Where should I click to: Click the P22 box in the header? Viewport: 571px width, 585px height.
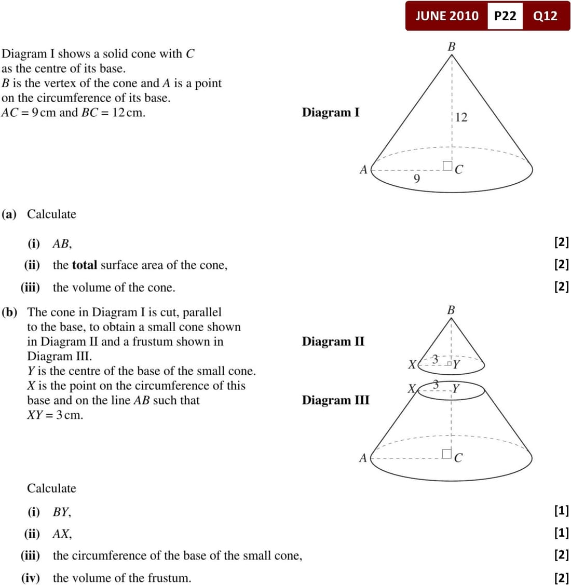tap(505, 16)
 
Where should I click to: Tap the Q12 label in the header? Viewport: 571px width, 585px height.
tap(545, 16)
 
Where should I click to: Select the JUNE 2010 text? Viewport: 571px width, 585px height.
tap(447, 16)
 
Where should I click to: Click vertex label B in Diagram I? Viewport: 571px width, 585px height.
tap(452, 47)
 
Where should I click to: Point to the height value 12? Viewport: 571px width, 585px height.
tap(461, 117)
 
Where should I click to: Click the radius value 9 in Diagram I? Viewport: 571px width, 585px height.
tap(416, 179)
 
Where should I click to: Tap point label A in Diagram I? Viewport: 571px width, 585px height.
tap(363, 170)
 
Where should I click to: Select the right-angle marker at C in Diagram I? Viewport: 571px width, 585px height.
tap(447, 166)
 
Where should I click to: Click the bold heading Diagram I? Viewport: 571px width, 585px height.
tap(331, 112)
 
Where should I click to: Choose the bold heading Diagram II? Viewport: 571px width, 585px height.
tap(333, 341)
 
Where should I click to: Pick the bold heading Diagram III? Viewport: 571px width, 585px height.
tap(336, 400)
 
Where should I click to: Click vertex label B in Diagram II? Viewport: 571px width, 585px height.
tap(451, 310)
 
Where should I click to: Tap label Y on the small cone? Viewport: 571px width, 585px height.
tap(457, 364)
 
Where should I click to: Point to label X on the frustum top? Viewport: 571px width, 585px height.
tap(412, 388)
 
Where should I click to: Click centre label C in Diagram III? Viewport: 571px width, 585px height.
tap(458, 458)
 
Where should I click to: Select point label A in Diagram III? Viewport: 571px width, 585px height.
tap(363, 458)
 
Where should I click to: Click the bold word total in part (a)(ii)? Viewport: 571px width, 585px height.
tap(85, 265)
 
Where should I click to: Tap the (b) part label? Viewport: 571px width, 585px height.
tap(9, 312)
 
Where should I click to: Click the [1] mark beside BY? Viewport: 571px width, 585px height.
tap(561, 511)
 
